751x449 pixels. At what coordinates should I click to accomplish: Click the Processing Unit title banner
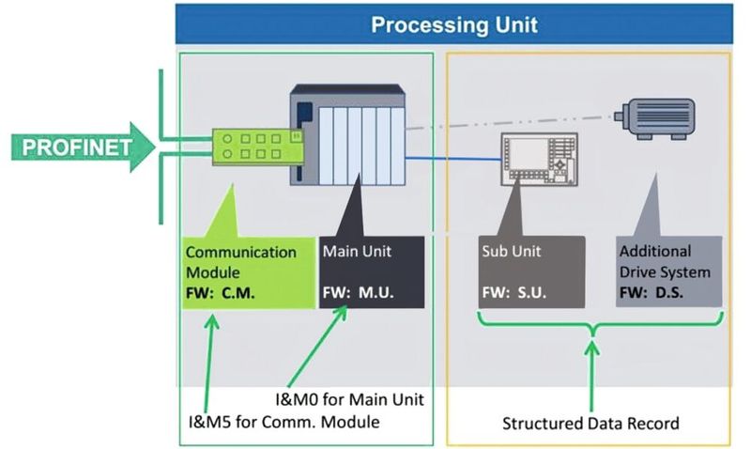pyautogui.click(x=454, y=23)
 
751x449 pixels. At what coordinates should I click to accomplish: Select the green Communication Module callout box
pyautogui.click(x=245, y=271)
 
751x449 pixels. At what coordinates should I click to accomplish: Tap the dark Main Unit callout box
pyautogui.click(x=372, y=271)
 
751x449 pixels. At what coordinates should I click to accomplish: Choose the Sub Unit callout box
pyautogui.click(x=531, y=271)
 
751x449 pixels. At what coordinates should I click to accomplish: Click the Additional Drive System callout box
pyautogui.click(x=668, y=271)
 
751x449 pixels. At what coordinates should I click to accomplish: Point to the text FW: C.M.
pyautogui.click(x=221, y=292)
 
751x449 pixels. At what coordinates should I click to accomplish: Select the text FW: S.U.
pyautogui.click(x=513, y=292)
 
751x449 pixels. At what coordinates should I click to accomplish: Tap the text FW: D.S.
pyautogui.click(x=651, y=292)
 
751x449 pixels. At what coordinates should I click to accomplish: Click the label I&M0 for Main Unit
pyautogui.click(x=349, y=400)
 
